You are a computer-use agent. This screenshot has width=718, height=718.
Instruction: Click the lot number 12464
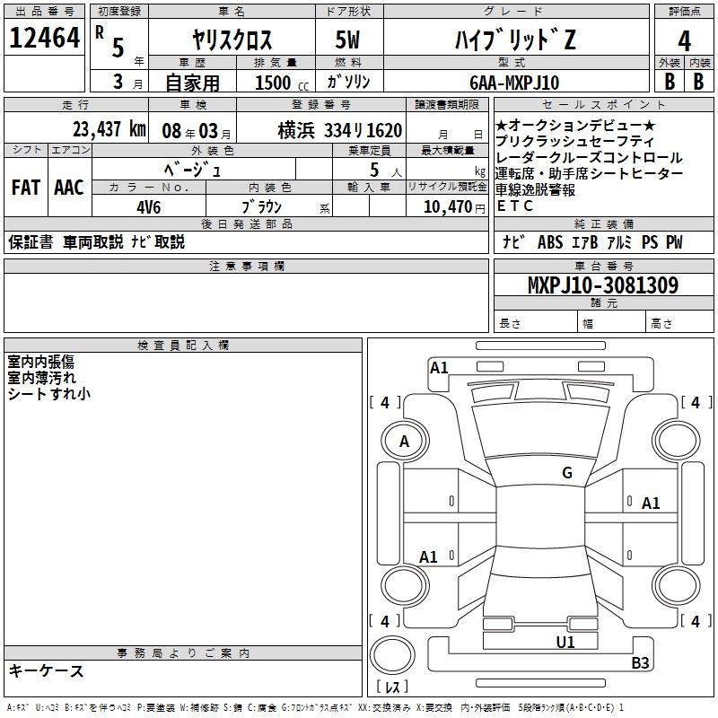(x=45, y=39)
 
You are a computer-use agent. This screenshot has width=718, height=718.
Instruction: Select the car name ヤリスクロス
(x=233, y=39)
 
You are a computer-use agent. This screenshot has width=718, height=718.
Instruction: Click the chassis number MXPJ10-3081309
(x=602, y=285)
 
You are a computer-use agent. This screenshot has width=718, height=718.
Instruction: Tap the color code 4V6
(x=148, y=206)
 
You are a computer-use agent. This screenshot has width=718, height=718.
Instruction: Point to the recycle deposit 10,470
(x=451, y=206)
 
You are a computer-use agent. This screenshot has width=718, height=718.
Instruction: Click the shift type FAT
(x=25, y=188)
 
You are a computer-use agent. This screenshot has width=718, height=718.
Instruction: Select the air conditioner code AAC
(x=68, y=188)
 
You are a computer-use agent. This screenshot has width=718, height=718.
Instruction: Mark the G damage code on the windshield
(x=566, y=473)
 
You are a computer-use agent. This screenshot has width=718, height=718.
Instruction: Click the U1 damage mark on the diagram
(x=565, y=642)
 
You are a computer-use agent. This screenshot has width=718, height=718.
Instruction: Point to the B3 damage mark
(x=640, y=663)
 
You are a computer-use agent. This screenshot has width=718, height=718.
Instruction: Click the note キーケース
(x=47, y=670)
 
